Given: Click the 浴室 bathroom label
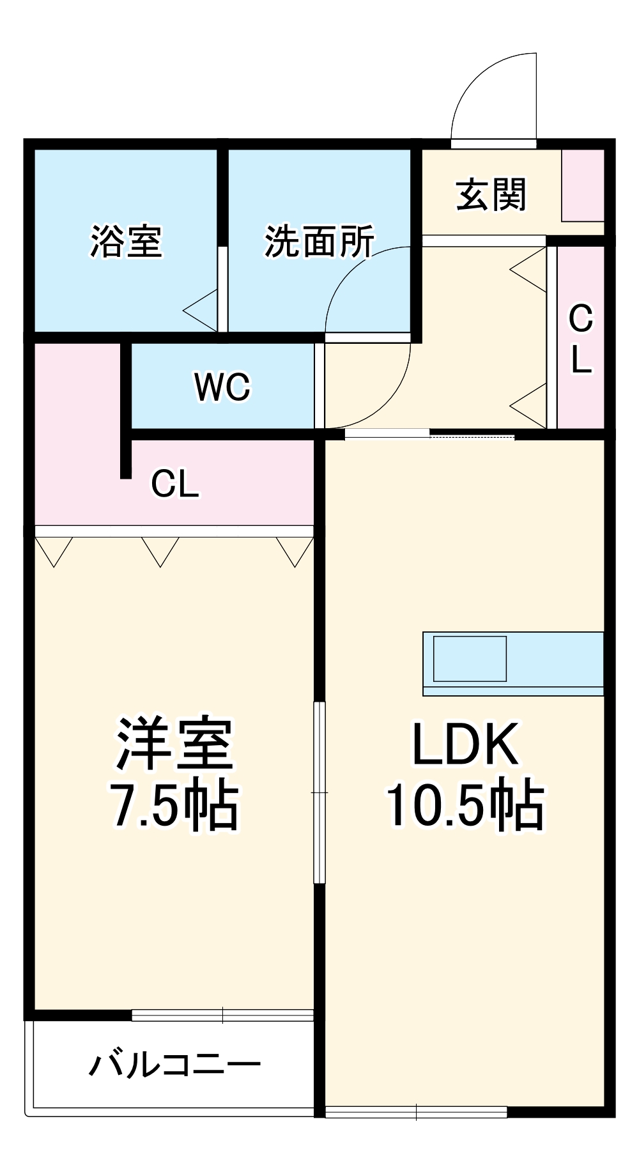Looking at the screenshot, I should (x=126, y=242).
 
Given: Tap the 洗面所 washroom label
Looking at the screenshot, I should (x=319, y=242).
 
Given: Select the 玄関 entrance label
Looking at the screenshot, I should (x=491, y=195).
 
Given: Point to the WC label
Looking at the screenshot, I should (x=222, y=387).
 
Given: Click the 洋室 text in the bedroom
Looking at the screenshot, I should (x=174, y=745).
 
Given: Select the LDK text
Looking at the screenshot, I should (x=465, y=745).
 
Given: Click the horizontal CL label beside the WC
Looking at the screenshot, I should (x=174, y=484).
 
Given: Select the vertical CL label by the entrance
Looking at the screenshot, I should (x=580, y=339).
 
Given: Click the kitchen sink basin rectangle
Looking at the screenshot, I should (x=470, y=658).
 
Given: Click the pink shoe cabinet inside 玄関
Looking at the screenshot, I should (x=583, y=185).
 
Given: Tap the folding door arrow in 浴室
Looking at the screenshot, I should (x=201, y=311).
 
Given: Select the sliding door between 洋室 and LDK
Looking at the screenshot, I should (x=319, y=792).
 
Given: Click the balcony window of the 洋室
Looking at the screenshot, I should (x=222, y=1015).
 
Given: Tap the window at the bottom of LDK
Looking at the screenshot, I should (x=415, y=1112).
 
